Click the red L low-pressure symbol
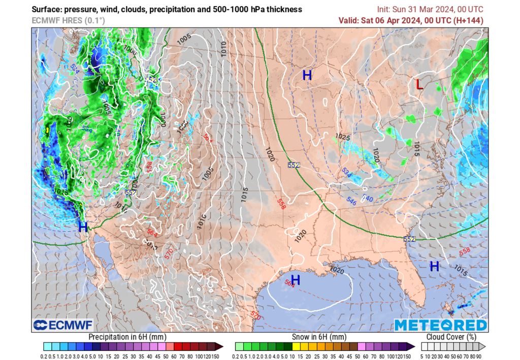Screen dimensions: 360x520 point(419,84)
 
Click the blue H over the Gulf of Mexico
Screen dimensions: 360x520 point(295,280)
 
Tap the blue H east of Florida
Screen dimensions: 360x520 point(434,266)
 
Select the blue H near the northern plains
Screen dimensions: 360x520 point(307,76)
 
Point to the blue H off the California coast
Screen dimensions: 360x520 point(83,227)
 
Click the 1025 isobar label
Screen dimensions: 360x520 point(343,137)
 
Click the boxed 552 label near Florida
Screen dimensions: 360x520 point(409,239)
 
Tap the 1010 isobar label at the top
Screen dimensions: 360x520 point(224,49)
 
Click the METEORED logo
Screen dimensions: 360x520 point(440,325)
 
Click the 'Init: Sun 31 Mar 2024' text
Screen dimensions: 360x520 point(430,9)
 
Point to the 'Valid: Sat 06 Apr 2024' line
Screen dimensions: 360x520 point(411,20)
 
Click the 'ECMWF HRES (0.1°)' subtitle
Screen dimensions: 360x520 point(68,20)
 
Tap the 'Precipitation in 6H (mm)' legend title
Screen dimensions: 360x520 point(127,337)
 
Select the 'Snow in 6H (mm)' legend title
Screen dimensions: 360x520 point(319,337)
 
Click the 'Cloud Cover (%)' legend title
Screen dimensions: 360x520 point(451,337)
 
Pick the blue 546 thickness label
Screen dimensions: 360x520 point(351,201)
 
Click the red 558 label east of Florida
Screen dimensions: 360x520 point(464,251)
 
